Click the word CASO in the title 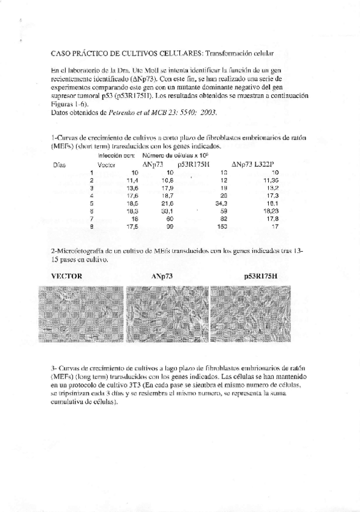click(x=61, y=54)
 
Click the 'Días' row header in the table click(x=60, y=164)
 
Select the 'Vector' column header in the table click(x=107, y=164)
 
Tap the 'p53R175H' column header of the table click(x=190, y=164)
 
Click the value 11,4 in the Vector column click(x=132, y=180)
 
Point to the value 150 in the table click(x=222, y=226)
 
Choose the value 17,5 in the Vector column click(x=132, y=226)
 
